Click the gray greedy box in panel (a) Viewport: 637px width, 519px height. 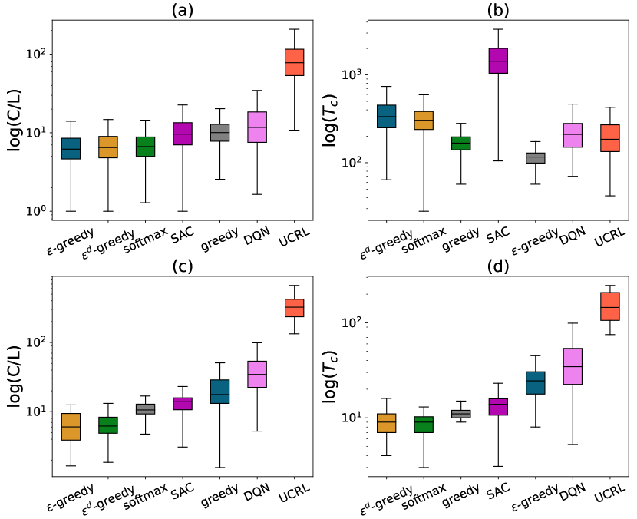(219, 132)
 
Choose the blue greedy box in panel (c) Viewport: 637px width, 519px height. (219, 391)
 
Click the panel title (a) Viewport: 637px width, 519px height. (182, 11)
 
